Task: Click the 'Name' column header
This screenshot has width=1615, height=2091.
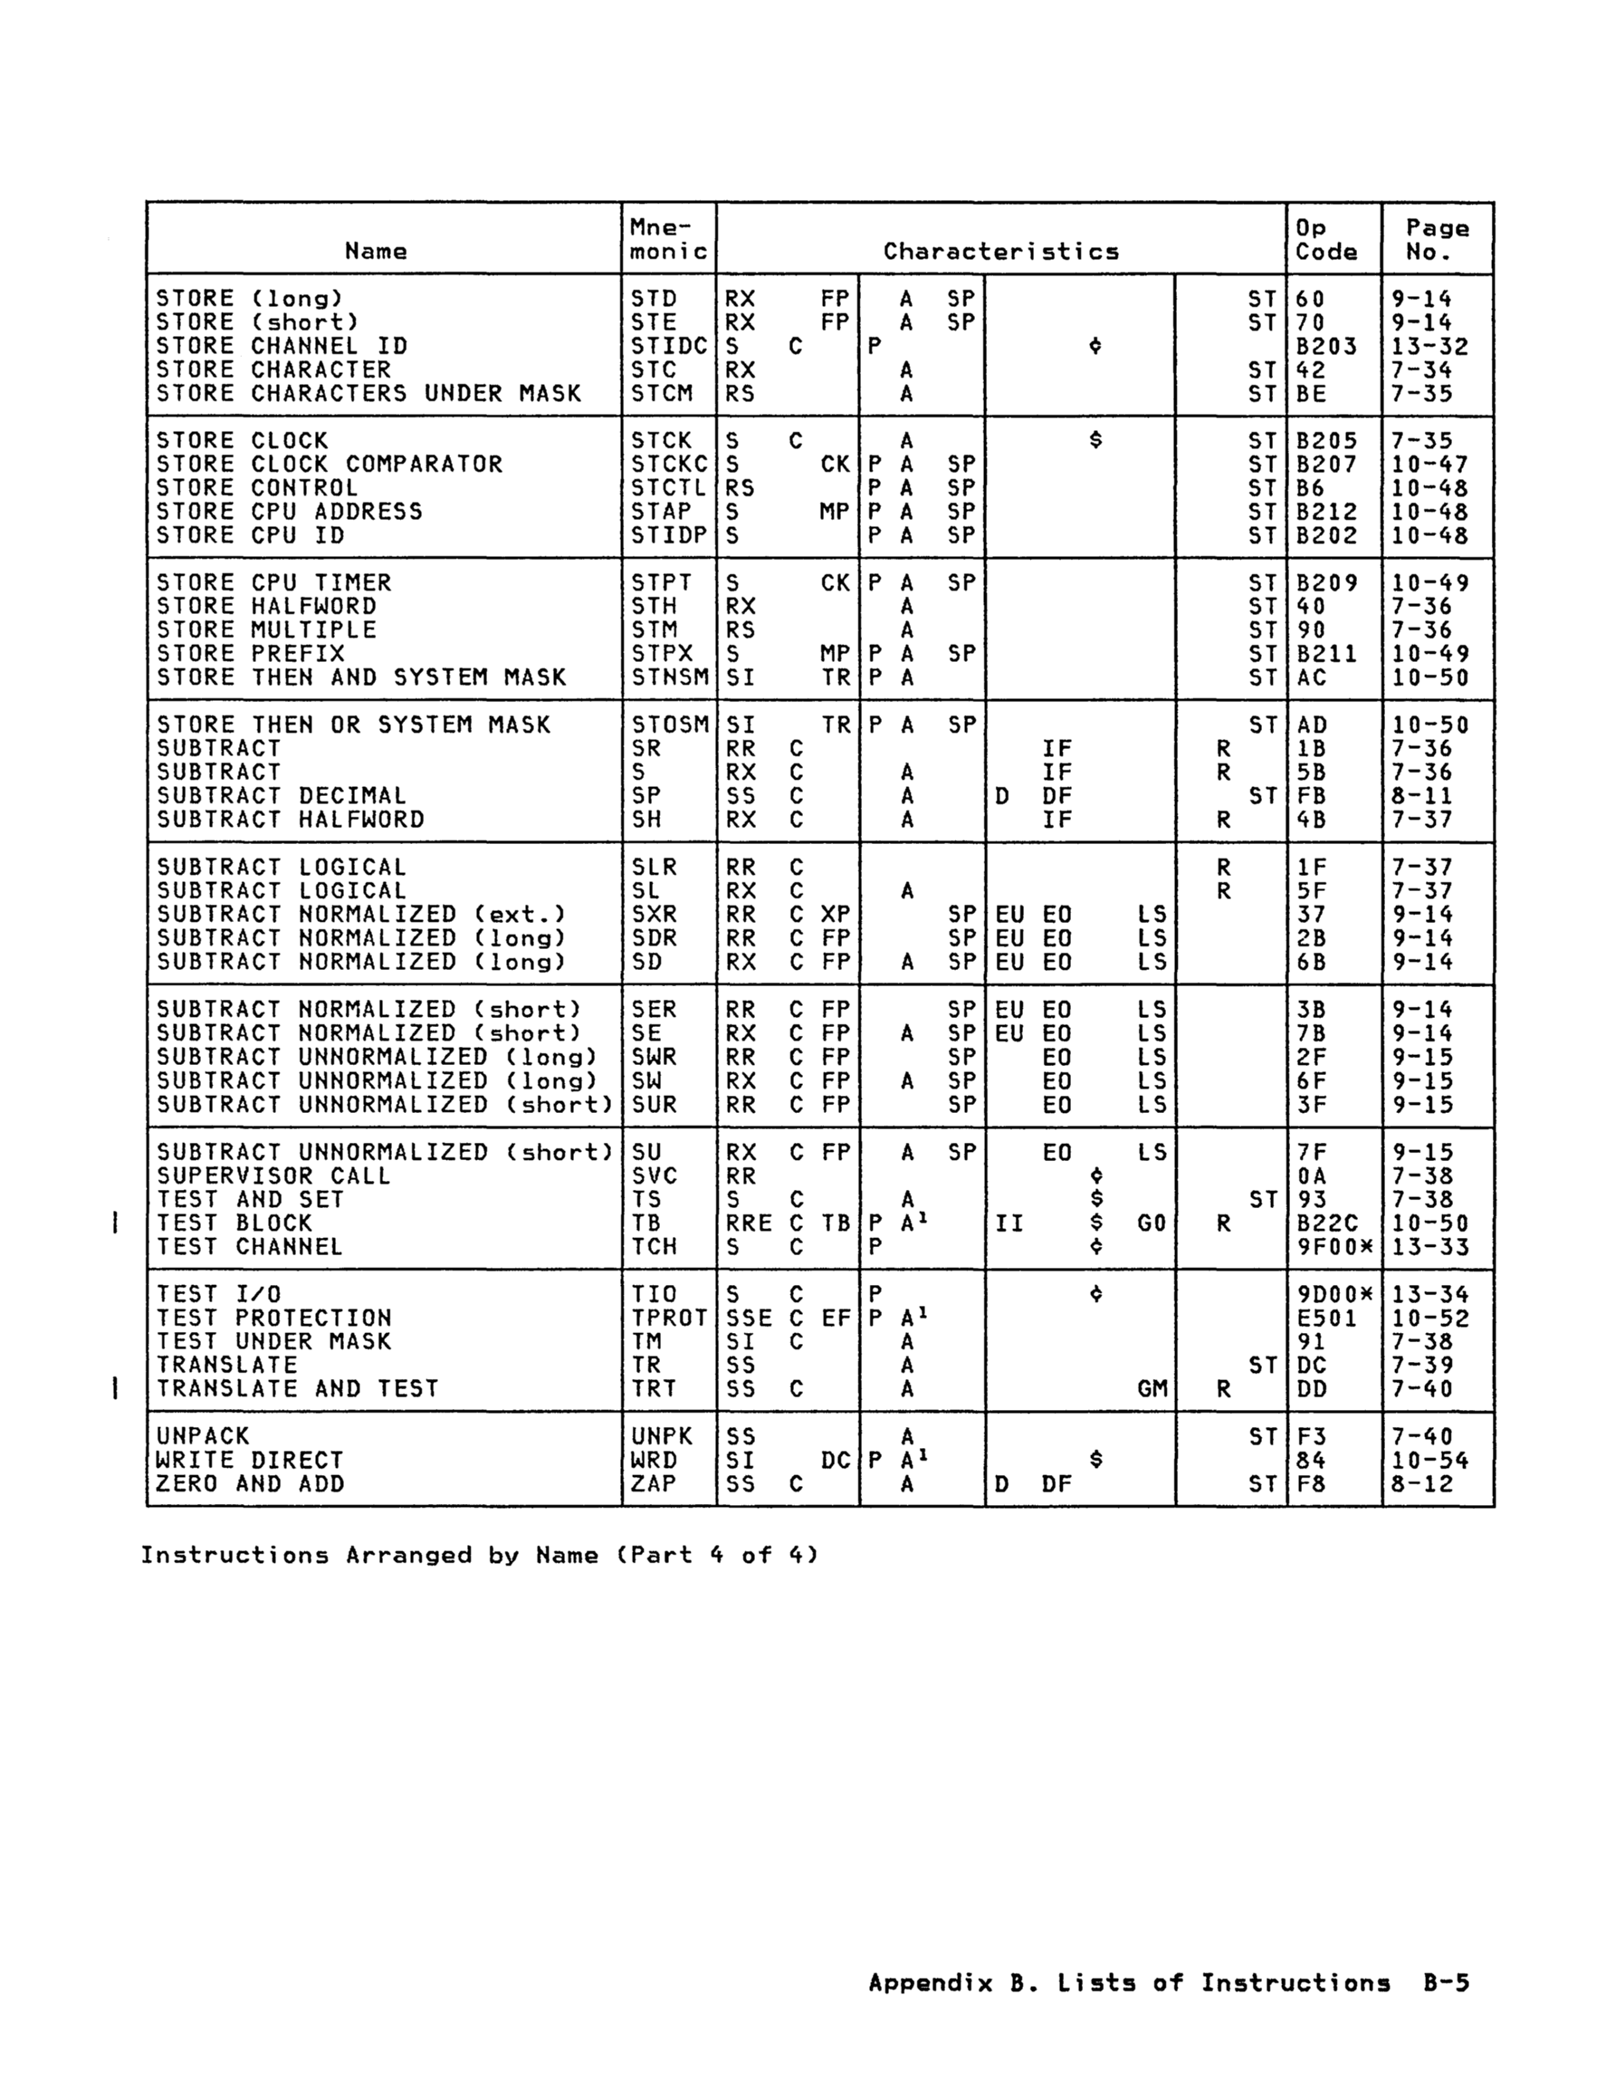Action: click(376, 251)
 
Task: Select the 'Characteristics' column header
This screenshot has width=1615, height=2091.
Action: click(1000, 252)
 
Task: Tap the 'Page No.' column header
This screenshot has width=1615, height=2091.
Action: click(1436, 239)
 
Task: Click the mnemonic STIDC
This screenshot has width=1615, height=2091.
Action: click(668, 346)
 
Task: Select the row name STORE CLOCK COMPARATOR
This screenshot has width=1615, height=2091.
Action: click(329, 465)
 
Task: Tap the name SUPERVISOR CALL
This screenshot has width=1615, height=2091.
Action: click(273, 1175)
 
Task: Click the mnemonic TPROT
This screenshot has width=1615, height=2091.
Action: click(668, 1318)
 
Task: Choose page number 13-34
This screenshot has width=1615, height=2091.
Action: click(1429, 1294)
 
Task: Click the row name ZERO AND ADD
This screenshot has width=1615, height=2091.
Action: click(250, 1484)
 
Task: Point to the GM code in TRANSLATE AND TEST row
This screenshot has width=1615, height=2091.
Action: click(1152, 1388)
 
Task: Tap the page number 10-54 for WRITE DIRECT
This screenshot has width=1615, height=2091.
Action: click(1429, 1460)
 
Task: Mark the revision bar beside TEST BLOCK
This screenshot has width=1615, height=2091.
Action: click(115, 1223)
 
